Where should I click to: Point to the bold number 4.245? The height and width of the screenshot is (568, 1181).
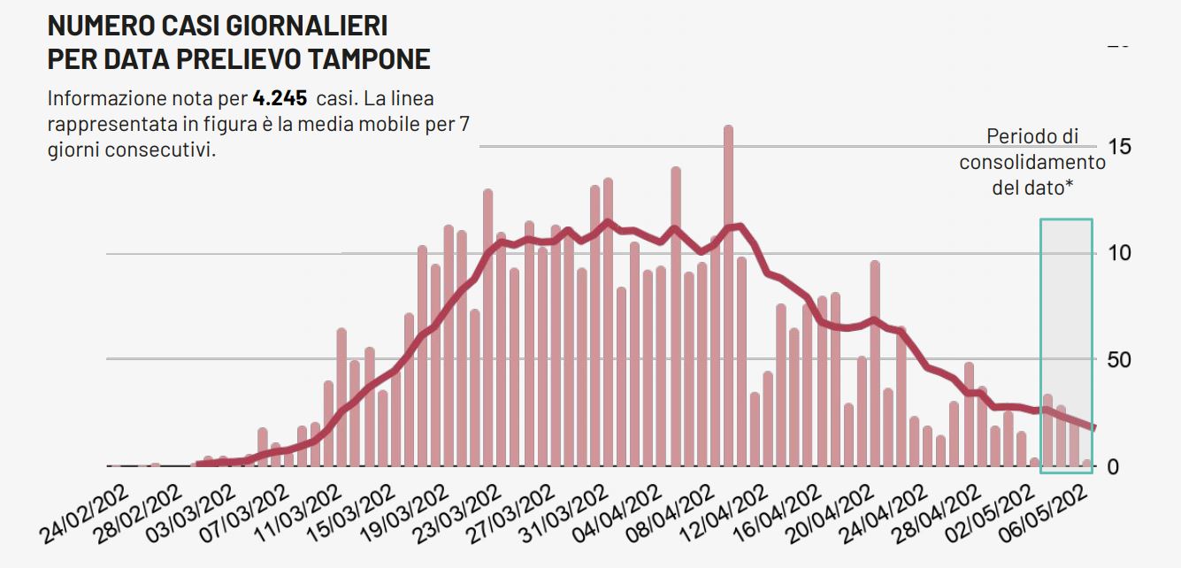click(280, 97)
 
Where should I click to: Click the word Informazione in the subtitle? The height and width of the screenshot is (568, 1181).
click(104, 97)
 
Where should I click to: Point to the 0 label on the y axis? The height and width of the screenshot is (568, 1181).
click(1114, 467)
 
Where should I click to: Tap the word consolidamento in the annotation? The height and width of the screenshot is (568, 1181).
click(1032, 162)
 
